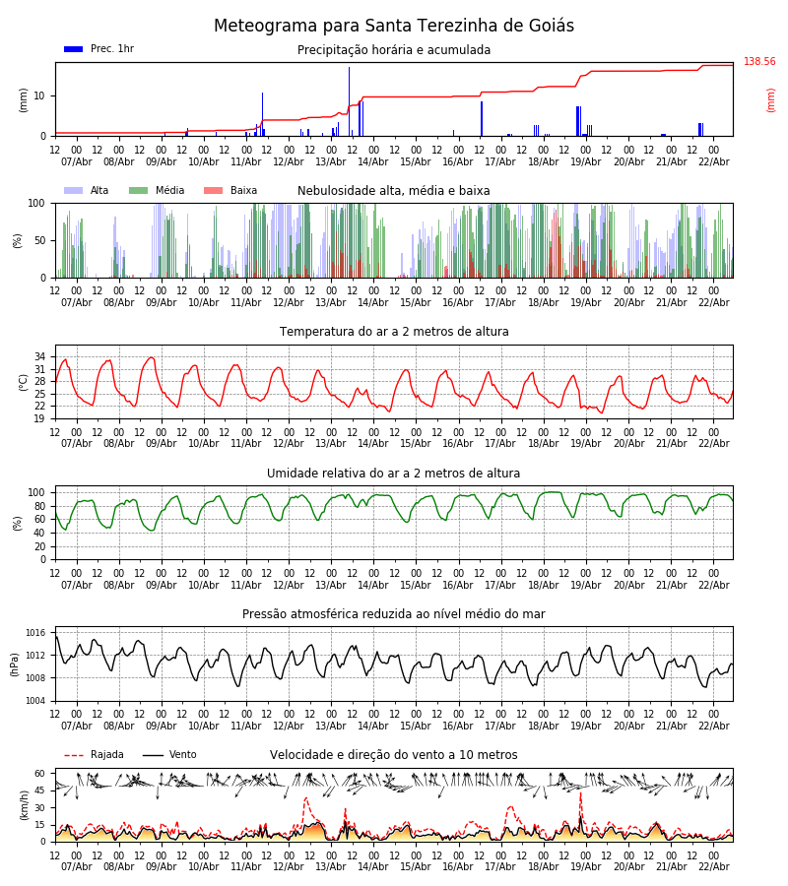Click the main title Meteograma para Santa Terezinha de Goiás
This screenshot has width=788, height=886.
coord(394,26)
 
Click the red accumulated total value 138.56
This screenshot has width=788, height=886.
coord(759,62)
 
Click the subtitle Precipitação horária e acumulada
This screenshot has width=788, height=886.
coord(394,50)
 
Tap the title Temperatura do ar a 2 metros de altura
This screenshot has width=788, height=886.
coord(394,332)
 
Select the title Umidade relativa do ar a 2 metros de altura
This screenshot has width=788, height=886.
coord(394,474)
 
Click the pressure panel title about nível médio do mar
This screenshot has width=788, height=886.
coord(394,614)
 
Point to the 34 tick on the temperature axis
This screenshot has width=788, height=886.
coord(40,356)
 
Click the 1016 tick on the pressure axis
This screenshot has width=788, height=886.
coord(36,633)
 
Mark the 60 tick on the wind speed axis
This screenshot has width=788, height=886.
coord(40,774)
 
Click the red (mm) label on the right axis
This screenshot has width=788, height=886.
coord(771,99)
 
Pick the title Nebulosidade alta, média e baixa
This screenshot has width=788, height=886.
coord(394,191)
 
